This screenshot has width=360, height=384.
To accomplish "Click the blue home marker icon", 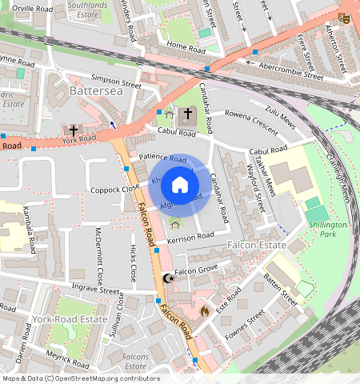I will [180, 186].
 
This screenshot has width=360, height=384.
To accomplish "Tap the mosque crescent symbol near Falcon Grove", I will [168, 278].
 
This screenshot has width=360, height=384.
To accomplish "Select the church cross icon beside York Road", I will [74, 130].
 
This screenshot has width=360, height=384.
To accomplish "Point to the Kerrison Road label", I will [191, 237].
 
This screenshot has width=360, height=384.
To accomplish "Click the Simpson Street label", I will [116, 80].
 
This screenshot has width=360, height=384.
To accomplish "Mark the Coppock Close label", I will [114, 190].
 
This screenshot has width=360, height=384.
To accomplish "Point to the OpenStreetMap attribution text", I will [81, 378].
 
